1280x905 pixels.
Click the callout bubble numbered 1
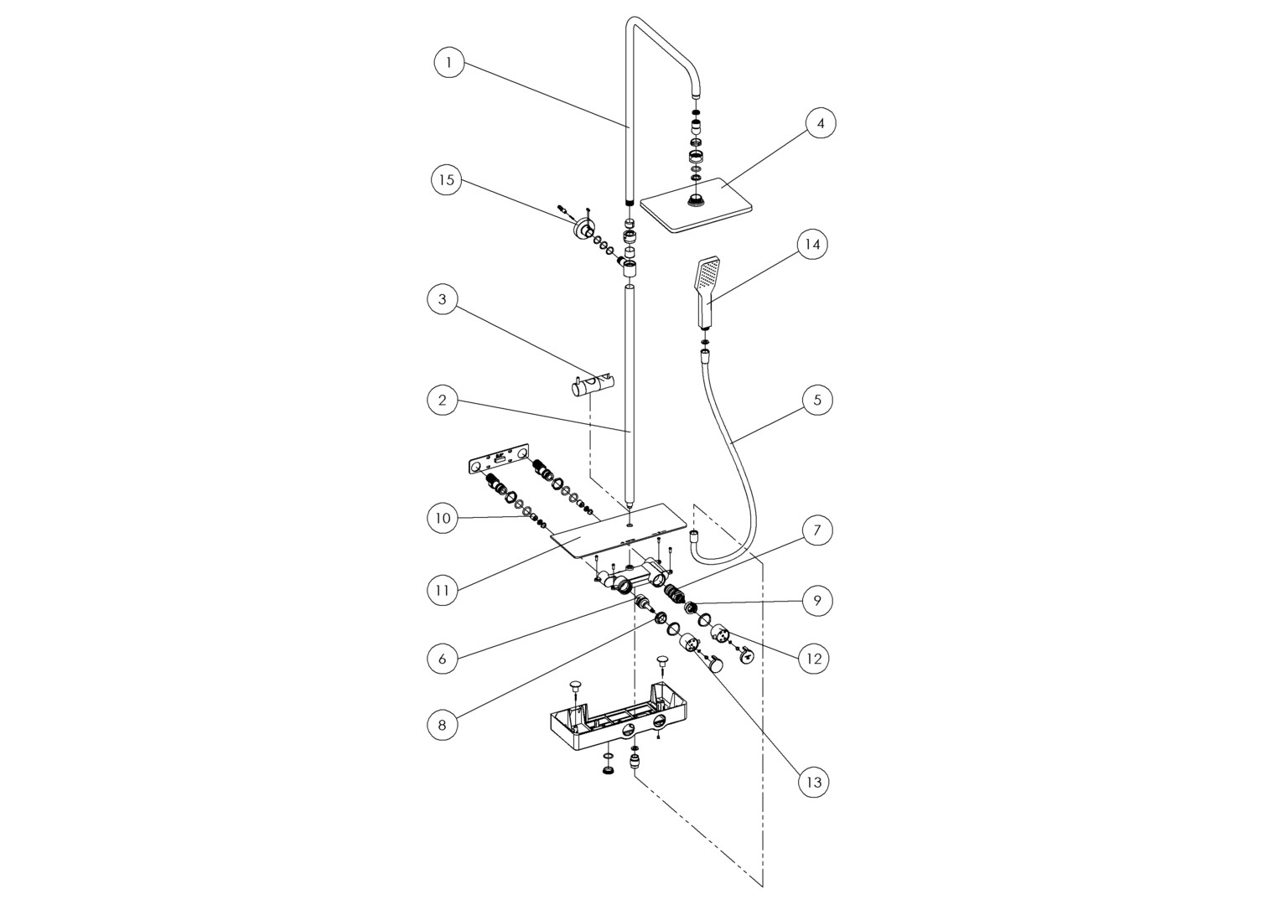click(449, 63)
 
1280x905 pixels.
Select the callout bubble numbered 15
click(447, 180)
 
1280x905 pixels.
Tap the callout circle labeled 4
click(821, 123)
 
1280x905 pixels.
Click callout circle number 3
click(443, 299)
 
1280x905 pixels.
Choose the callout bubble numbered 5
click(817, 400)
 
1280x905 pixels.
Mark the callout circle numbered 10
click(443, 518)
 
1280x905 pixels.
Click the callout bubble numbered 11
click(443, 590)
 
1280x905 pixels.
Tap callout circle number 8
click(443, 725)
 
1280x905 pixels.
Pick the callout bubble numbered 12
click(813, 659)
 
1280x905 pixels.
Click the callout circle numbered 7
click(817, 530)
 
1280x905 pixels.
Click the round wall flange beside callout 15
click(581, 229)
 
